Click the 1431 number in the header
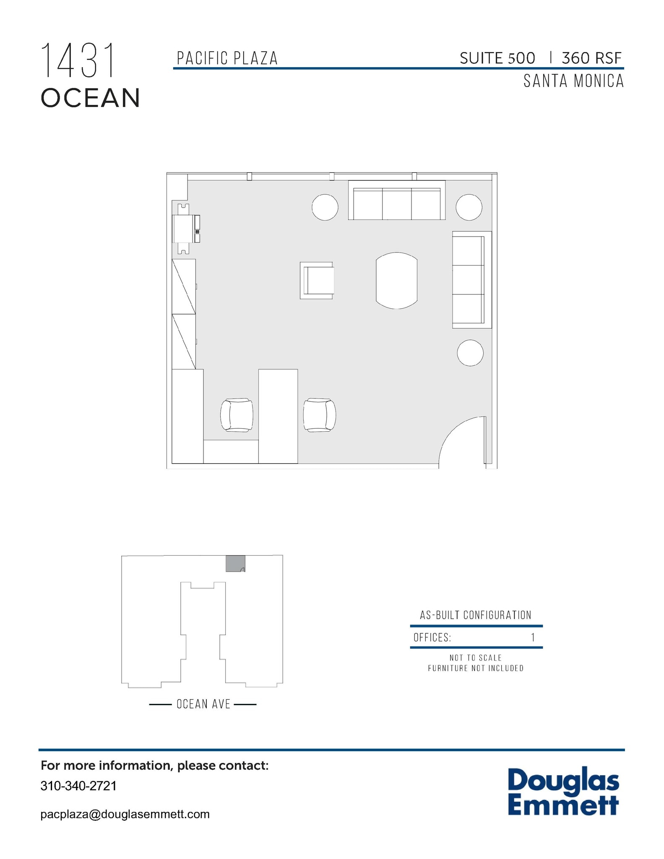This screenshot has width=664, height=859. click(78, 61)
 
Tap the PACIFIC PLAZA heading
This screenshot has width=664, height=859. click(227, 58)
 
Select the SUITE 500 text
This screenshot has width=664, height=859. click(497, 58)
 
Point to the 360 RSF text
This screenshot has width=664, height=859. click(591, 58)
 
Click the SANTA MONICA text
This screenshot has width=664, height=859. click(573, 81)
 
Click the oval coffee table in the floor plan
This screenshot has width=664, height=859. click(396, 281)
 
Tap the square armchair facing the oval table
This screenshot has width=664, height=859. click(317, 281)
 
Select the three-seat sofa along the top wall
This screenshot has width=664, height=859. click(396, 200)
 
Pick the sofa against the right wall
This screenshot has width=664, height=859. click(471, 280)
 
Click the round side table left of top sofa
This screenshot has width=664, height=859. click(325, 207)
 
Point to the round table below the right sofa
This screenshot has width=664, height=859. click(470, 353)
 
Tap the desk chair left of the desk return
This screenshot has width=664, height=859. click(237, 415)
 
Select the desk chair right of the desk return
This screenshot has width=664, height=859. click(320, 415)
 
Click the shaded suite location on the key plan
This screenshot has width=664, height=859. click(235, 563)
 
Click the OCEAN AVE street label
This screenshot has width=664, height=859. click(203, 704)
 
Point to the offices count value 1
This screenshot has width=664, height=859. click(533, 638)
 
